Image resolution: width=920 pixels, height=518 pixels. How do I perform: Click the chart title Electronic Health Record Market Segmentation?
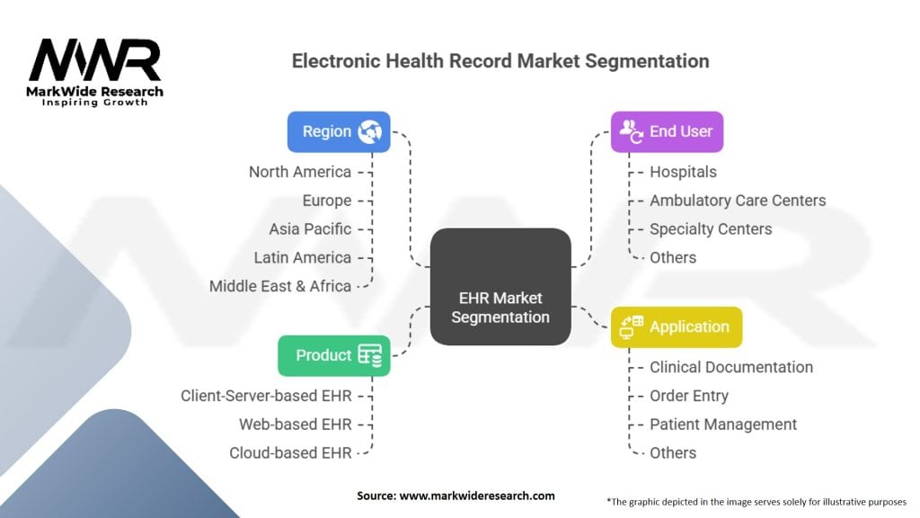tap(500, 61)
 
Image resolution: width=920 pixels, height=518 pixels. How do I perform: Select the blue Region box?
tap(339, 131)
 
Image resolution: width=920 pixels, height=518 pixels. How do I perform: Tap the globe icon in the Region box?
tap(369, 131)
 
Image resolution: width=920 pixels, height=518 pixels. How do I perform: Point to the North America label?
tap(300, 172)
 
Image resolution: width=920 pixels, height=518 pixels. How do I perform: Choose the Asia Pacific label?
tap(310, 228)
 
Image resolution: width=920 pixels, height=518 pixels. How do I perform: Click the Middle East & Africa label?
tap(280, 286)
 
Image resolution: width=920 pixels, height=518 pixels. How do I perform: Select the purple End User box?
tap(667, 131)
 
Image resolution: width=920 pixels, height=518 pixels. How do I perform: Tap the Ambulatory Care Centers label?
tap(738, 201)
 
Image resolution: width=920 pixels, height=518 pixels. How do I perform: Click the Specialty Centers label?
tap(711, 228)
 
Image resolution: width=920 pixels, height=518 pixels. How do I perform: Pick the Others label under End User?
tap(673, 257)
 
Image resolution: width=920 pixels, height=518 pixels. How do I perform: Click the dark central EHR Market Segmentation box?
tap(500, 287)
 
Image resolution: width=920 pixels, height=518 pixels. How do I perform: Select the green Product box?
tap(334, 355)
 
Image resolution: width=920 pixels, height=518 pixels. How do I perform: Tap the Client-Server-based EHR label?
tap(266, 396)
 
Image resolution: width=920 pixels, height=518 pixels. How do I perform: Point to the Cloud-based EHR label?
tap(290, 452)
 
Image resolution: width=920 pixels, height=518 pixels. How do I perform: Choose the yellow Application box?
tap(677, 326)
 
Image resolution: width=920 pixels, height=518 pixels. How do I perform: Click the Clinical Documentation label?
tap(731, 367)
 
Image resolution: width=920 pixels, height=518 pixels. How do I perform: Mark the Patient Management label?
tap(723, 424)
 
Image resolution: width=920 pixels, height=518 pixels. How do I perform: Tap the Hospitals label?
tap(683, 172)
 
